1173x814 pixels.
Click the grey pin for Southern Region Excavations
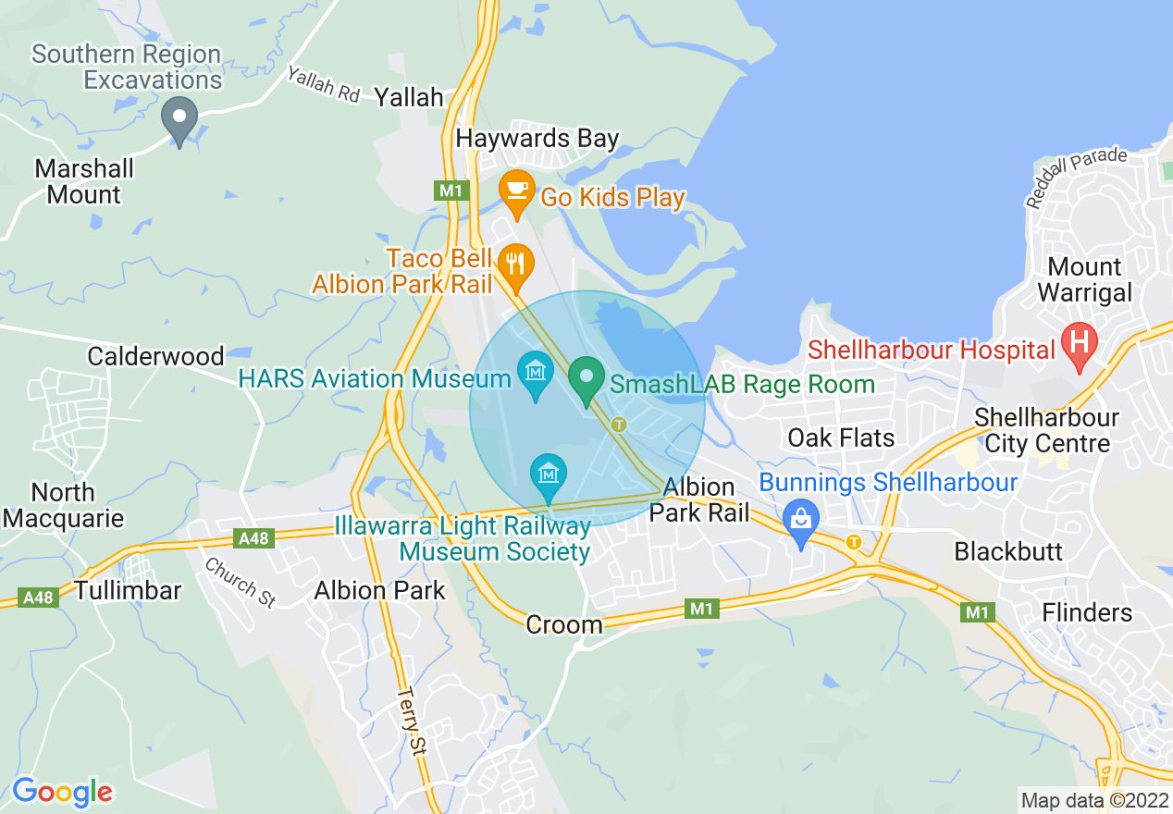pyautogui.click(x=179, y=119)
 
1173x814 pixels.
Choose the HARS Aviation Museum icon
pyautogui.click(x=535, y=373)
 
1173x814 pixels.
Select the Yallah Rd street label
pyautogui.click(x=323, y=85)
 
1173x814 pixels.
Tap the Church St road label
pyautogui.click(x=240, y=583)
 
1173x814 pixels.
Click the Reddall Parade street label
pyautogui.click(x=1076, y=175)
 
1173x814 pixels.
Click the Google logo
pyautogui.click(x=62, y=792)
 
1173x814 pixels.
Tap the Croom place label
pyautogui.click(x=563, y=625)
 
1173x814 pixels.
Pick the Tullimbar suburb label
pyautogui.click(x=128, y=590)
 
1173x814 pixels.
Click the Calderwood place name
pyautogui.click(x=155, y=356)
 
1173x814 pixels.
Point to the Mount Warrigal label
pyautogui.click(x=1084, y=280)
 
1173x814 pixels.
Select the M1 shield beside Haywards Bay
pyautogui.click(x=451, y=190)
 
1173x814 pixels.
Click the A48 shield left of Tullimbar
pyautogui.click(x=38, y=598)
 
